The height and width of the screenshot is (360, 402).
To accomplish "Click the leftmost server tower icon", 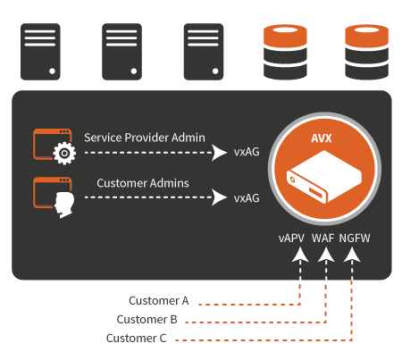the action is coord(40,52).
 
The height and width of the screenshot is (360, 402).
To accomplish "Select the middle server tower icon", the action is coord(121,52).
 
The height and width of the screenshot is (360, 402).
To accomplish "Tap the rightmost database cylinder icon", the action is coord(366,52).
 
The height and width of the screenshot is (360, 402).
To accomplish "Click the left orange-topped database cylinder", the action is coord(285,52).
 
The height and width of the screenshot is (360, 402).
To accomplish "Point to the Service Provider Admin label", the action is coord(145,138).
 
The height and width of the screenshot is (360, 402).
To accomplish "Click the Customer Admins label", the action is coord(143,183).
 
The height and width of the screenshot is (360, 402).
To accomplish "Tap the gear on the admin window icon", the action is coord(64,154).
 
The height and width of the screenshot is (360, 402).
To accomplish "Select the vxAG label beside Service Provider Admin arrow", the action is coord(247,152).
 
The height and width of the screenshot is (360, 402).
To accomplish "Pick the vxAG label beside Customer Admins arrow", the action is coord(247,198).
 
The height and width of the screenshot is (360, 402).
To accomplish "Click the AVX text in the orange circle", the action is coord(322,138).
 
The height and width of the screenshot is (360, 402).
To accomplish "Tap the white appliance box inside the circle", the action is coord(324,177).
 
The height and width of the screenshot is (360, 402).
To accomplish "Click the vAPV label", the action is coord(291,239).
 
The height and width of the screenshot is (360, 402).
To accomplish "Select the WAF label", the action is coord(323,239).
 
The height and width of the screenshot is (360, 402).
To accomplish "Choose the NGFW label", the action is coord(355,239).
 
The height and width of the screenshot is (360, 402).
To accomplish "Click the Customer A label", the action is coord(159,301).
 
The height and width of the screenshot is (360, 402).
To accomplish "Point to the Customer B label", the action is coord(147,320).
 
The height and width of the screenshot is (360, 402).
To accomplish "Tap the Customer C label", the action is coord(136,339).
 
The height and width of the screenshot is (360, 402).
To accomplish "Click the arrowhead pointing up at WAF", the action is coord(326,255).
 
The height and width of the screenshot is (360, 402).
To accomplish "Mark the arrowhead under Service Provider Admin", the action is coord(220,153).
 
